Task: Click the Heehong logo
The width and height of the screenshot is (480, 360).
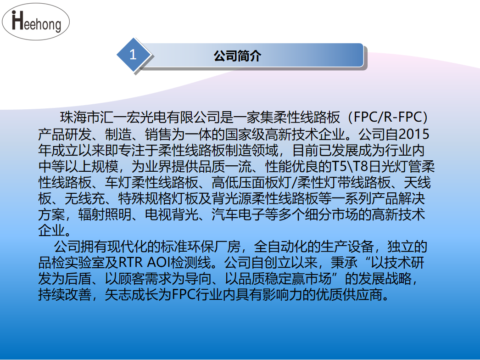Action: (x=36, y=22)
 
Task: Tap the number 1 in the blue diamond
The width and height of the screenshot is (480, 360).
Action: (x=133, y=55)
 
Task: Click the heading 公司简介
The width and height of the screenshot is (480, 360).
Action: (x=237, y=56)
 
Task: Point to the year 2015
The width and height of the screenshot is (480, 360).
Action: (x=414, y=134)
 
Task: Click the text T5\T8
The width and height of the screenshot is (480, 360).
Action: (x=350, y=166)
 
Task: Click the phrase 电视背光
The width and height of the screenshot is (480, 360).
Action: (x=172, y=214)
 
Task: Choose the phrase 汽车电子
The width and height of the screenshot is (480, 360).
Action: (x=239, y=214)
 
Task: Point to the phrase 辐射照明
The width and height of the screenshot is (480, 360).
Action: (x=105, y=214)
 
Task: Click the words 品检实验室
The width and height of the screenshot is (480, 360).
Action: (x=72, y=263)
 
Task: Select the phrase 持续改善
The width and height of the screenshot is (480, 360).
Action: (x=65, y=295)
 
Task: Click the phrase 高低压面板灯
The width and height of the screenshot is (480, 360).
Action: (x=251, y=182)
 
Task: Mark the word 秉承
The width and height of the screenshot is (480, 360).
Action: (x=344, y=263)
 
